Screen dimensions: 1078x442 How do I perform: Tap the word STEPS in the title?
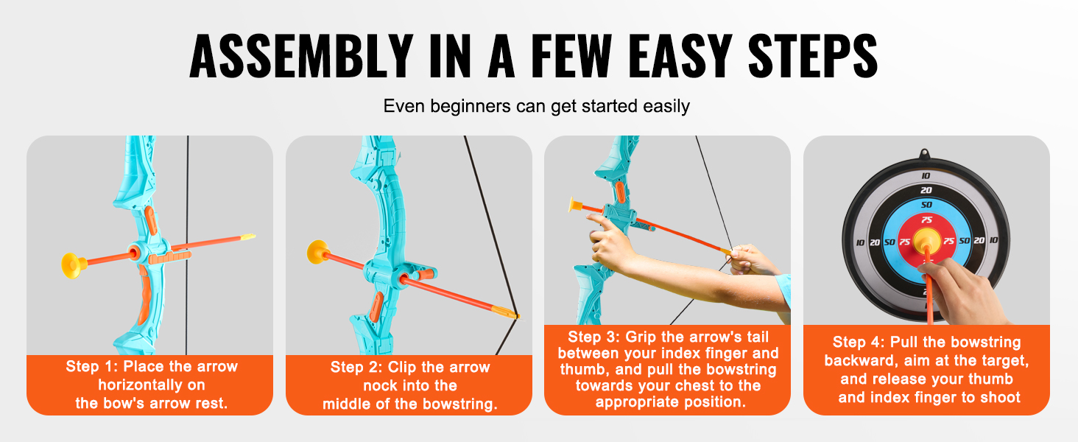pyautogui.click(x=813, y=56)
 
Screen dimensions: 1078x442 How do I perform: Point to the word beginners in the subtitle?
pyautogui.click(x=471, y=106)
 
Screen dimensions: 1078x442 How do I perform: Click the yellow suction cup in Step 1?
pyautogui.click(x=73, y=265)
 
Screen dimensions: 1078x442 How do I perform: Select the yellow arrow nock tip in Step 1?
pyautogui.click(x=247, y=236)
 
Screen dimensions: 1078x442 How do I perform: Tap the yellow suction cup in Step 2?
pyautogui.click(x=317, y=252)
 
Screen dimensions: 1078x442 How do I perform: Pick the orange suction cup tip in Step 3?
pyautogui.click(x=576, y=205)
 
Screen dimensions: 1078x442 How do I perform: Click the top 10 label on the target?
pyautogui.click(x=926, y=176)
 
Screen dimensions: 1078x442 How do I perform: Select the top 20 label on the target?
pyautogui.click(x=926, y=190)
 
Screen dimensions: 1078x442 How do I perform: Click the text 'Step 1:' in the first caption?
pyautogui.click(x=91, y=366)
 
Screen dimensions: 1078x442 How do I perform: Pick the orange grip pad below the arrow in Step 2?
pyautogui.click(x=376, y=306)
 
